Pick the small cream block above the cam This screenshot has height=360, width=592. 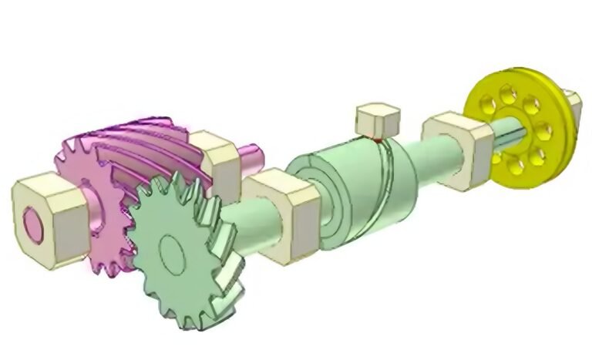pos(377,119)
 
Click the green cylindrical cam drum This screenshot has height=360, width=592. pos(355,189)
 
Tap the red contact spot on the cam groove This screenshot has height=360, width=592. pos(377,141)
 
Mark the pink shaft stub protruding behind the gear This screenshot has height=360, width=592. pos(248,157)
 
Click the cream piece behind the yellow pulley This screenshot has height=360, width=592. pos(571,103)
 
